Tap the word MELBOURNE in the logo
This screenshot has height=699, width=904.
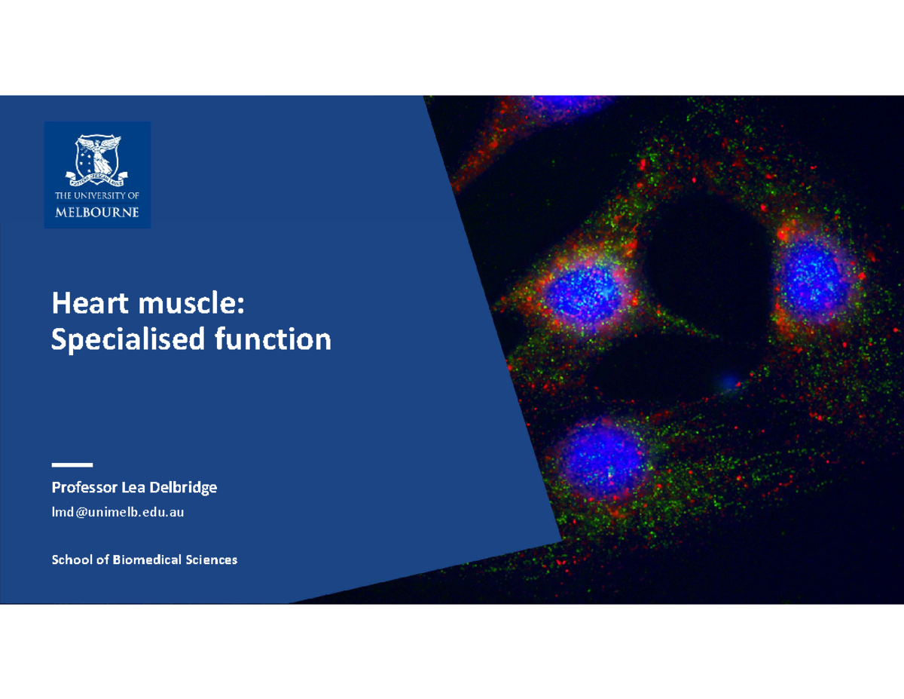[x=97, y=212]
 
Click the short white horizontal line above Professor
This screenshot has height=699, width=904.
[x=72, y=464]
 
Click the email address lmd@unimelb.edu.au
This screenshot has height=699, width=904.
[x=118, y=513]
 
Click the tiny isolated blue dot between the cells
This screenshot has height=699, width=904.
[x=728, y=383]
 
